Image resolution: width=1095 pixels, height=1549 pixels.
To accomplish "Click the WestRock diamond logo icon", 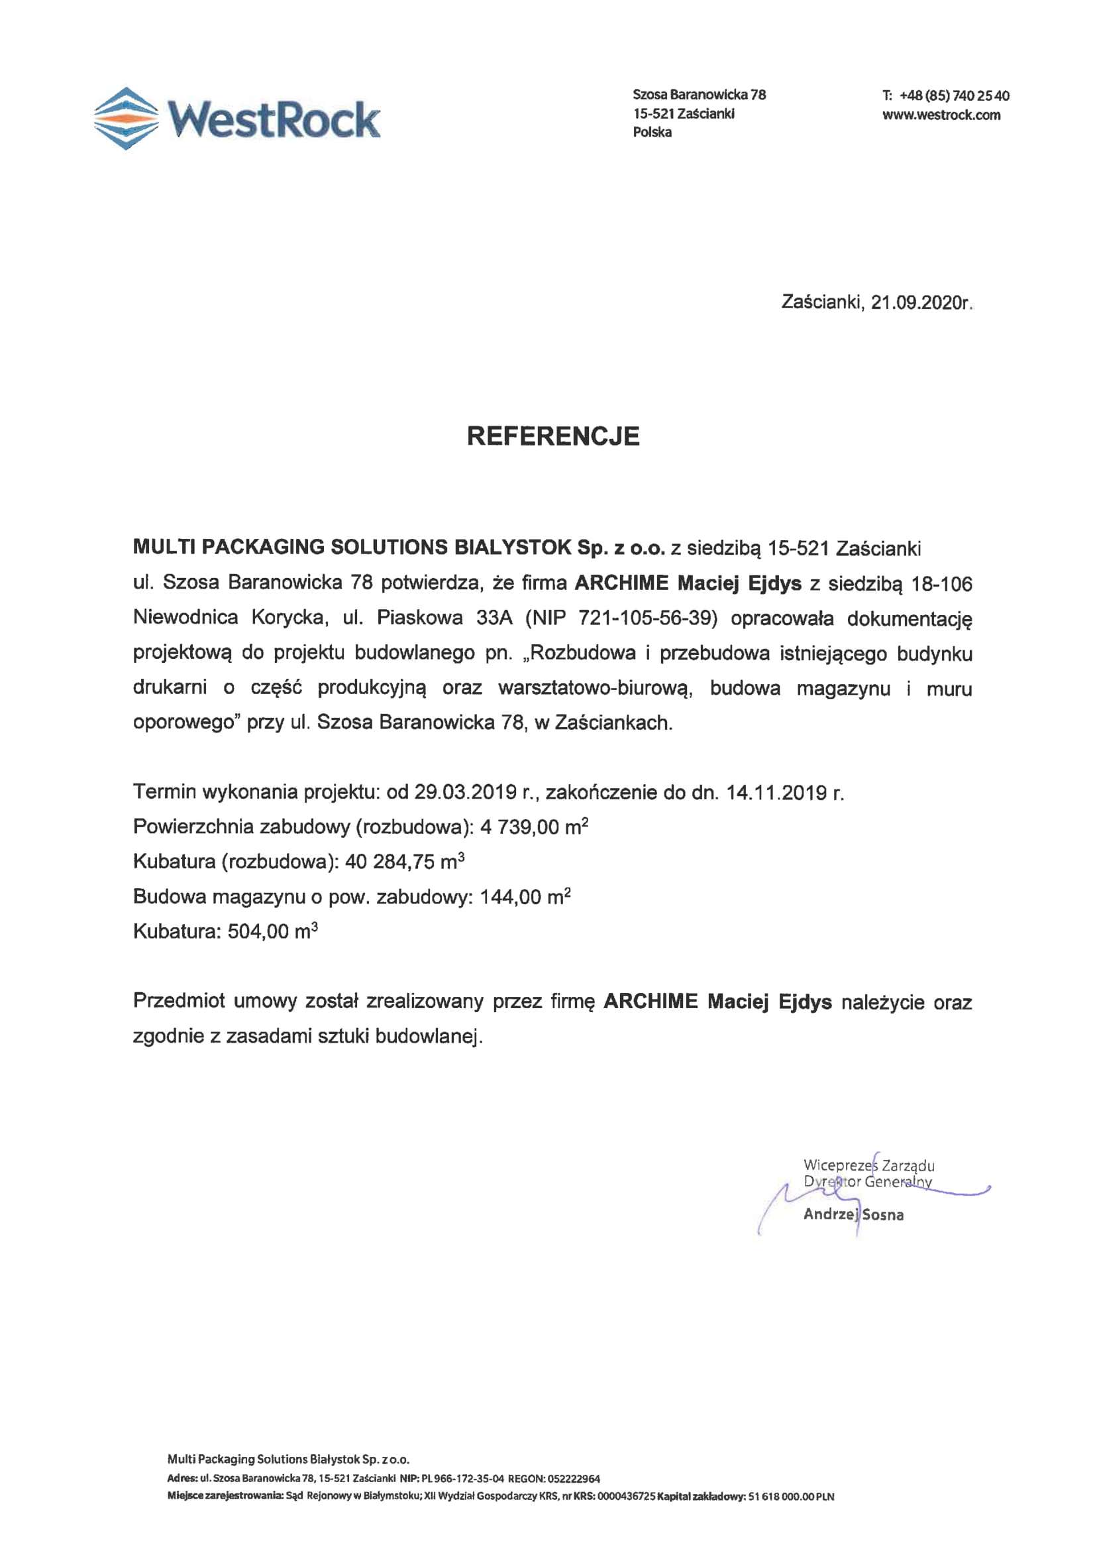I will [x=125, y=118].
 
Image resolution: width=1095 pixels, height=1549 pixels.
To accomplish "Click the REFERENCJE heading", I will [x=553, y=436].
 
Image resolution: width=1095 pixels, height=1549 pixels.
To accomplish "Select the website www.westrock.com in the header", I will [x=941, y=115].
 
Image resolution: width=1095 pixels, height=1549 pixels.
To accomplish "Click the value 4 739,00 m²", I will [x=534, y=827].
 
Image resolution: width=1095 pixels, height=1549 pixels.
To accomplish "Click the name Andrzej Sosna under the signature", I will [x=853, y=1214].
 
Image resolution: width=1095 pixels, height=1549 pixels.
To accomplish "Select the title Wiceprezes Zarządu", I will [x=868, y=1165].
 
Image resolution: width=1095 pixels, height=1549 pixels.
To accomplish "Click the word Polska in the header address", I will [x=652, y=133].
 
